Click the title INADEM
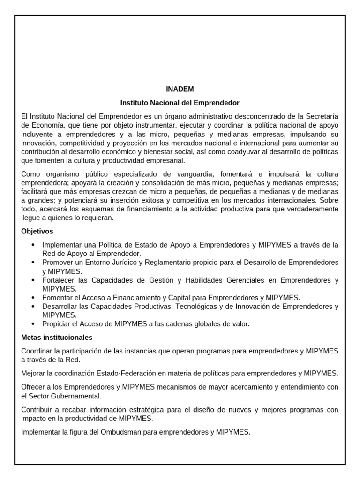tap(180, 89)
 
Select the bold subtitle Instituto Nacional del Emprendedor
tap(180, 102)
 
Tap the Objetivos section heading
tap(37, 232)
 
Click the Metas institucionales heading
tap(57, 337)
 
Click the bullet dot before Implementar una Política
tap(32, 245)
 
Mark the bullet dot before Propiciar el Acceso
tap(32, 324)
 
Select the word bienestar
tap(188, 151)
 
